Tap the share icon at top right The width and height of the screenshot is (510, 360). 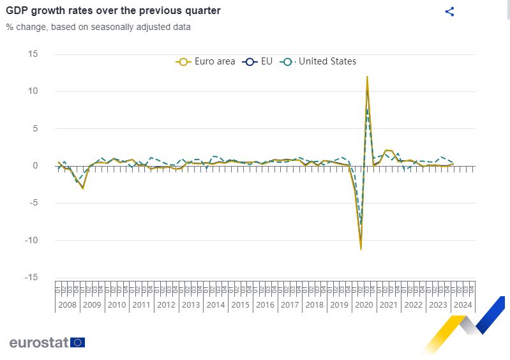click(449, 11)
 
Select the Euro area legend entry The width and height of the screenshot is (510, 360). click(206, 61)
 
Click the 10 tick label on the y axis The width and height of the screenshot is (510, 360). click(33, 91)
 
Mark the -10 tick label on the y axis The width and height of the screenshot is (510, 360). click(31, 241)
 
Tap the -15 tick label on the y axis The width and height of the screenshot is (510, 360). click(31, 278)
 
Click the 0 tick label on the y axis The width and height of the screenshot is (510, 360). click(35, 166)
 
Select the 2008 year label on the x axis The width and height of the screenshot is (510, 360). click(67, 305)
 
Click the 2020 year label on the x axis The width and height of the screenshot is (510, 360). click(364, 305)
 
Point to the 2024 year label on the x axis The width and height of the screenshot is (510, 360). click(463, 305)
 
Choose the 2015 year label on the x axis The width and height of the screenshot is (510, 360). click(240, 305)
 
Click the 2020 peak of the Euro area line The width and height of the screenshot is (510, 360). click(367, 77)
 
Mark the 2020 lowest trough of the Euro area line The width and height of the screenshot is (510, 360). click(361, 249)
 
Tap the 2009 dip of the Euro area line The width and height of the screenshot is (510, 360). click(82, 188)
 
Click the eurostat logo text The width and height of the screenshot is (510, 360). click(38, 342)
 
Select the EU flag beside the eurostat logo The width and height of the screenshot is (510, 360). click(78, 342)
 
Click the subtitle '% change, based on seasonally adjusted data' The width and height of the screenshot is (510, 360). click(98, 27)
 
